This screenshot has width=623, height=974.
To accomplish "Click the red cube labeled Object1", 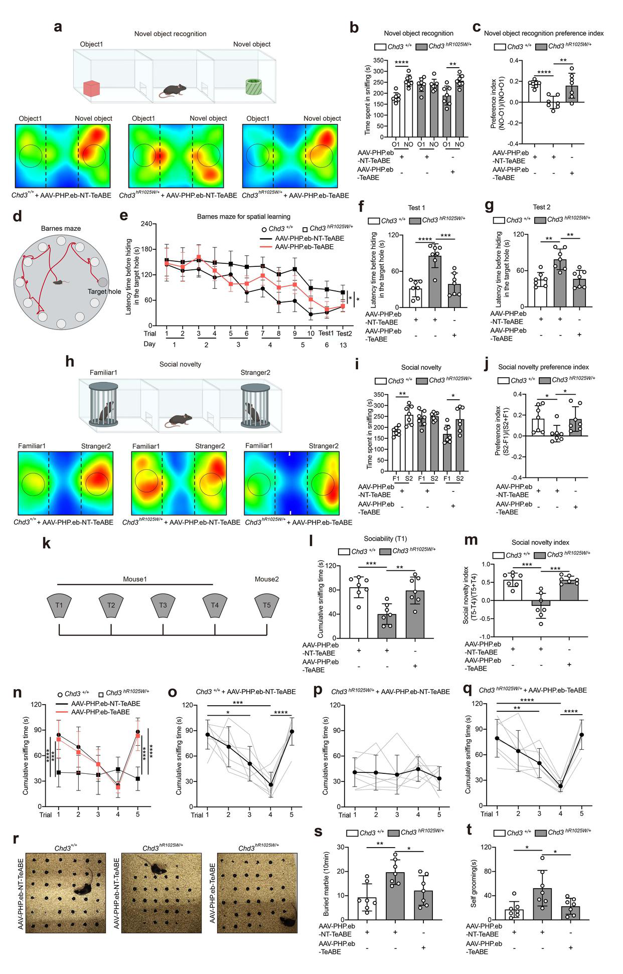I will coord(93,88).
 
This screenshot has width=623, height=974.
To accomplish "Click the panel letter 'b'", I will coord(354,28).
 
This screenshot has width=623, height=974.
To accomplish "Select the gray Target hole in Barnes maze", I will coord(102,282).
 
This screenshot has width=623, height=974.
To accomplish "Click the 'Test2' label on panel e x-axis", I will coord(344,334).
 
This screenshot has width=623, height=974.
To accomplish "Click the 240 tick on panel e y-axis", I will coord(146,224).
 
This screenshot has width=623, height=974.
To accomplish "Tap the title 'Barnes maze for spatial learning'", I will coord(243,217).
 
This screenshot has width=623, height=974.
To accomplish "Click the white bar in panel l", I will coord(359,612).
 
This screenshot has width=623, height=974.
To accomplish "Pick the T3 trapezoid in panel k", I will coord(163,605).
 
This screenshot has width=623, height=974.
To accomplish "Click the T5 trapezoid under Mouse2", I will coord(267,605).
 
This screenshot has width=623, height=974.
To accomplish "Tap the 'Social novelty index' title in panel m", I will coord(540,542).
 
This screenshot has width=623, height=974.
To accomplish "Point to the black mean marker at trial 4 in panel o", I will coord(271,785).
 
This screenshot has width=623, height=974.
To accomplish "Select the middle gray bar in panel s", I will coord(395,896).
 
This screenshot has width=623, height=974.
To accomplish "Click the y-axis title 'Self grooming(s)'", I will coord(474,883).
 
